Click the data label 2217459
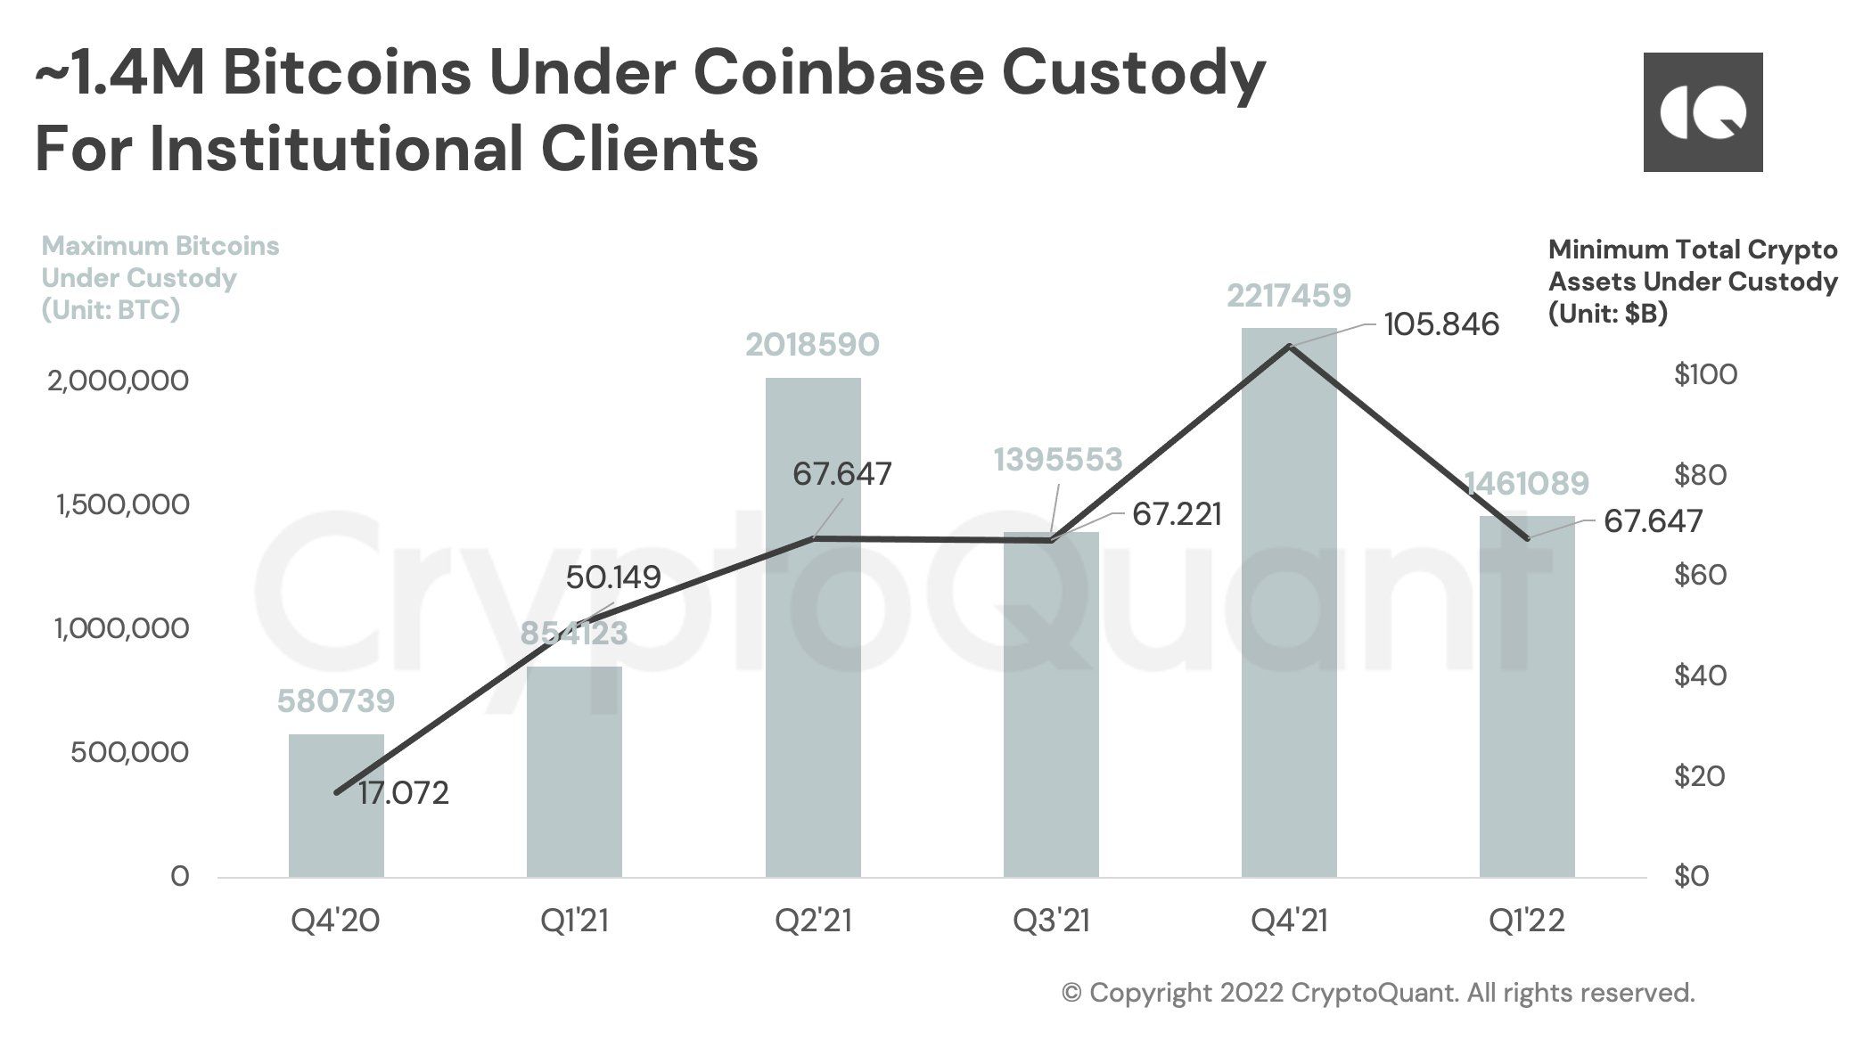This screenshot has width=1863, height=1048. [x=1289, y=295]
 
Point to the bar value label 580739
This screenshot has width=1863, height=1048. [x=336, y=701]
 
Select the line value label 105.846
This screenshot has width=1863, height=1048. [x=1441, y=324]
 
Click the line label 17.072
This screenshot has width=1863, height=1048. [x=404, y=792]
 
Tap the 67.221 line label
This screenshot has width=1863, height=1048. [x=1177, y=514]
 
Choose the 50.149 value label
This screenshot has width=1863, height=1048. [x=613, y=577]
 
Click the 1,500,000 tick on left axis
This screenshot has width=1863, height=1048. [x=122, y=504]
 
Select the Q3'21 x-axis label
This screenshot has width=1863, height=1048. [x=1051, y=921]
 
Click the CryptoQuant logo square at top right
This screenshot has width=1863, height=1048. [x=1703, y=112]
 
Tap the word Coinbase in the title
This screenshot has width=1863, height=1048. [x=837, y=74]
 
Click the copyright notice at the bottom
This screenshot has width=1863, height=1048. [x=1378, y=993]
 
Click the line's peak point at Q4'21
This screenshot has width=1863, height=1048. [x=1289, y=346]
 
